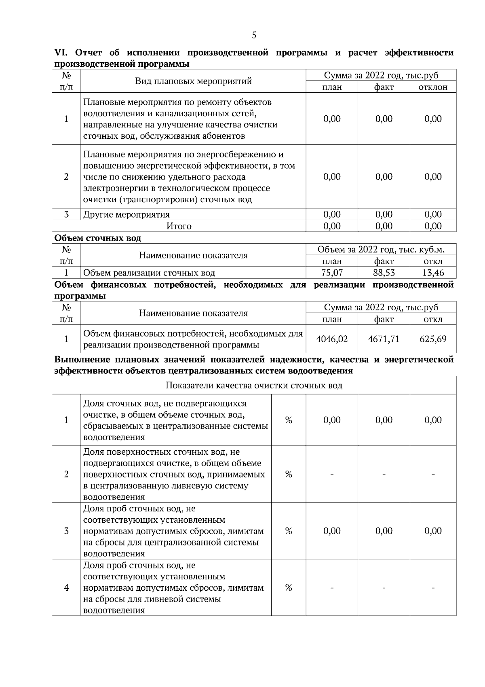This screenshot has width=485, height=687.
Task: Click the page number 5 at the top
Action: coord(254,35)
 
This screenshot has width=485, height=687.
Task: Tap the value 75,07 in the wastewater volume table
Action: coord(332,273)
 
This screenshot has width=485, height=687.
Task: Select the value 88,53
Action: coord(384,273)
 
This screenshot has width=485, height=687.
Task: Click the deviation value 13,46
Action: coord(433,273)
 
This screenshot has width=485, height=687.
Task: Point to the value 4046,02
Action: coord(332,339)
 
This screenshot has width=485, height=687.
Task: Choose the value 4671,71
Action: coord(384,339)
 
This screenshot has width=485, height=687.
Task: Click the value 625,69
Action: coord(433,339)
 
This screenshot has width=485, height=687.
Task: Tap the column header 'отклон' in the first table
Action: coord(433,87)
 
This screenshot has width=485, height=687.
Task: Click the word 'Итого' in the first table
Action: coord(179,226)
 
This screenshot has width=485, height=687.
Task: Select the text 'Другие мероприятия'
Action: coord(127,214)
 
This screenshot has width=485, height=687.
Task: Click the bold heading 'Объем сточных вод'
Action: coord(98,238)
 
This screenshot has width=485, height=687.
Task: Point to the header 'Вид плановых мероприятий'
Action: coord(193,81)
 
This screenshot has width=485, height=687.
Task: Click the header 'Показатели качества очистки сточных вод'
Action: coord(254,385)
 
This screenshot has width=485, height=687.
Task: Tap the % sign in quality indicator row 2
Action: coord(289,474)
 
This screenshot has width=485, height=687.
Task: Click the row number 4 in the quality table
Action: coord(66,588)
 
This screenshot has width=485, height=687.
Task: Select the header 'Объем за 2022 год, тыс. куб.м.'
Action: coord(381,249)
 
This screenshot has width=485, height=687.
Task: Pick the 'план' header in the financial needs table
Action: coord(332,319)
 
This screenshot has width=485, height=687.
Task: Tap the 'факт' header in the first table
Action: coord(384,87)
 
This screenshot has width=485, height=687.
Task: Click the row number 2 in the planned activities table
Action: coord(66,177)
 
